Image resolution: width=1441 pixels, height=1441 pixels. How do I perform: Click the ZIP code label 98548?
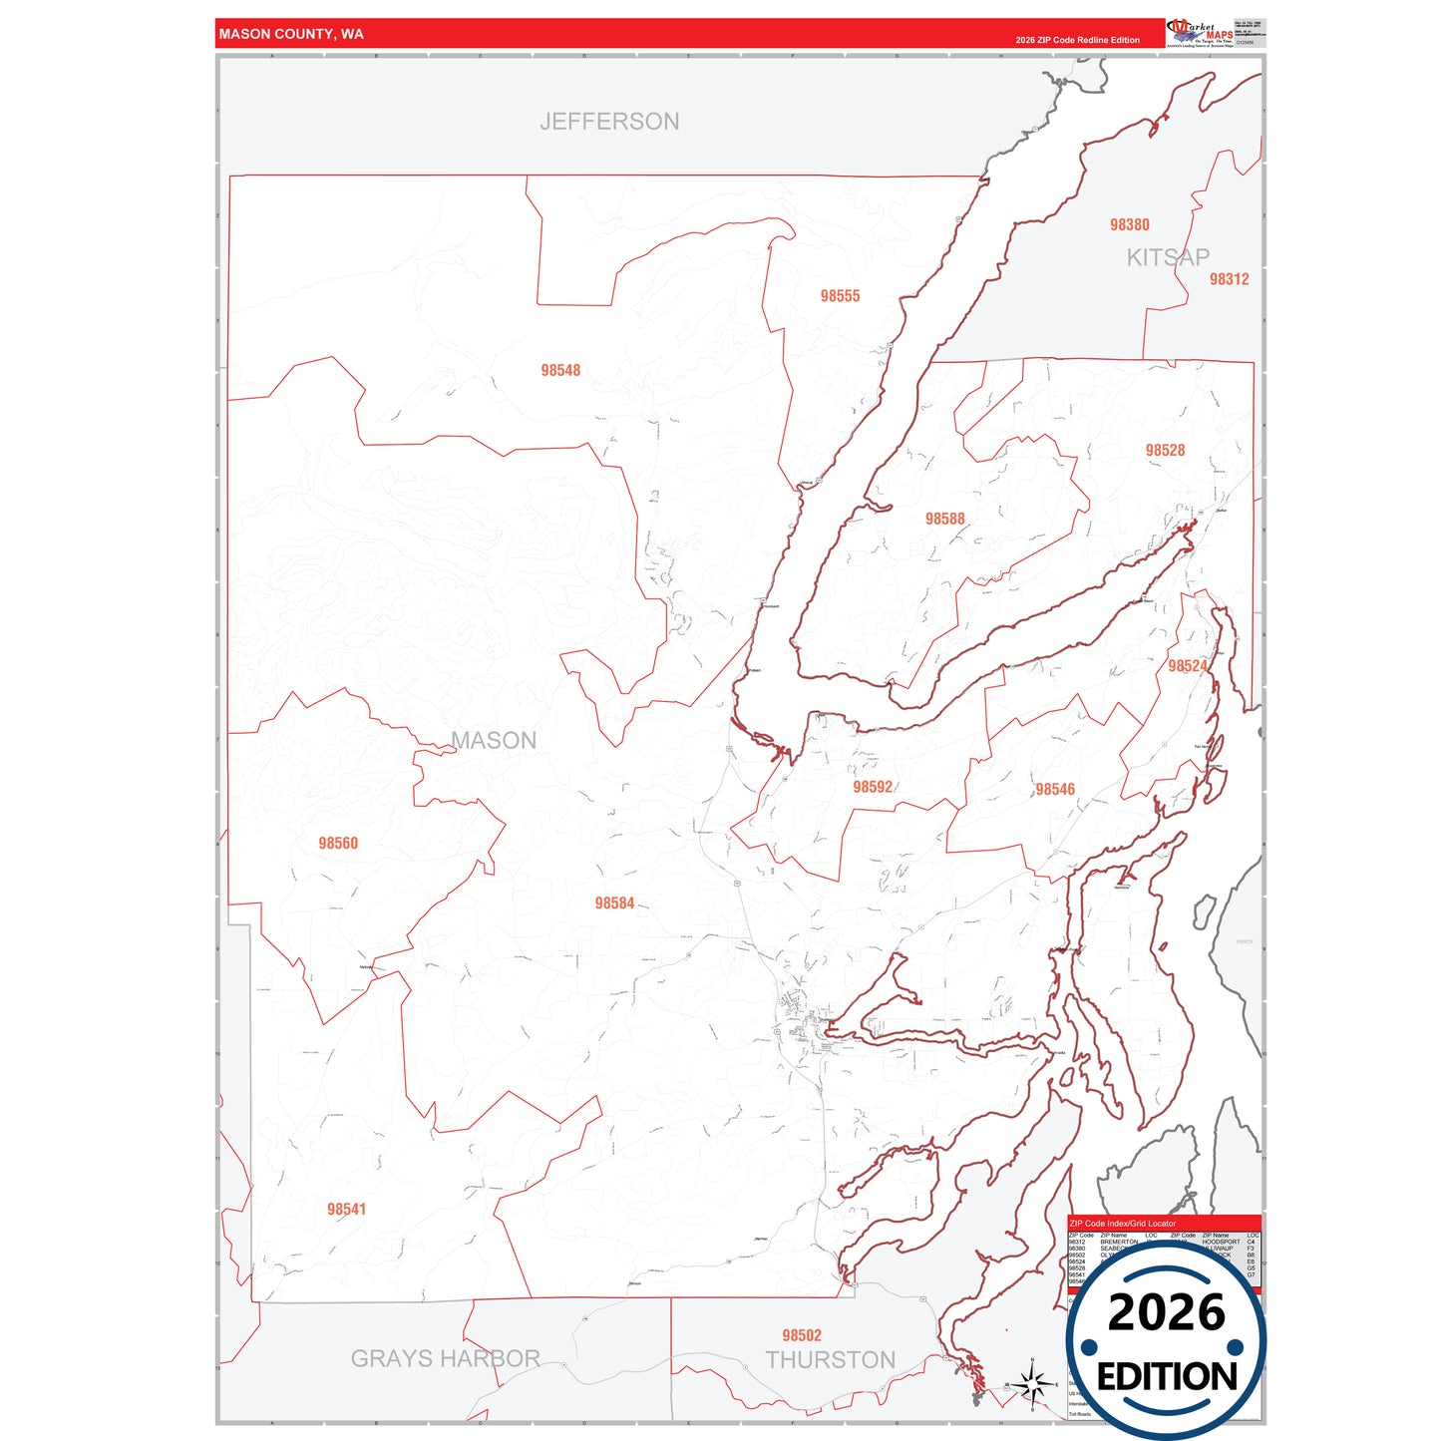(560, 370)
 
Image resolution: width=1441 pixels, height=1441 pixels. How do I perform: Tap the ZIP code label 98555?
(840, 296)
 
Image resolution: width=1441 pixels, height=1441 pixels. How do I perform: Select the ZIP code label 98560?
(338, 843)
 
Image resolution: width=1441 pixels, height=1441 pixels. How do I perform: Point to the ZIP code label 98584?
(614, 903)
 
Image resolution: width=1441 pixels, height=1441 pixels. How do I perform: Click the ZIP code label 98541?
(346, 1209)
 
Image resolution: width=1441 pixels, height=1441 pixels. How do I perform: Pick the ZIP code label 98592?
(873, 787)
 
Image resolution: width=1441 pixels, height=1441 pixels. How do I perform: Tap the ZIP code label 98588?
(944, 519)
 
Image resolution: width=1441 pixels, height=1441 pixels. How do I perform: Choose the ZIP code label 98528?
(1165, 451)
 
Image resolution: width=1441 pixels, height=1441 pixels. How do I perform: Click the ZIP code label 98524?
(1187, 666)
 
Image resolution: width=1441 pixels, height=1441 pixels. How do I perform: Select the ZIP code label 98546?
(1055, 789)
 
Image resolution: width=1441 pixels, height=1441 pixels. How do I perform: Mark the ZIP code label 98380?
(1129, 225)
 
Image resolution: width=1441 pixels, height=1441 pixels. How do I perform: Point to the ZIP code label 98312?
(1229, 279)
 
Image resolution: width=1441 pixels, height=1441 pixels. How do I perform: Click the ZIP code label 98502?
(802, 1335)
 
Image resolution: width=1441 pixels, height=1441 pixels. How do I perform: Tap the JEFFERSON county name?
(609, 122)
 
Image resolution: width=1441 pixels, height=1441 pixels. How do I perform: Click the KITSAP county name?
(1168, 257)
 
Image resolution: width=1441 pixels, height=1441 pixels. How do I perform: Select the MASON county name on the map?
(494, 740)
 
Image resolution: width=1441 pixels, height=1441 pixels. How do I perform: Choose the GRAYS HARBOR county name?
(445, 1358)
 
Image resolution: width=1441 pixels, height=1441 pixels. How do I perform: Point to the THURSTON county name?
(831, 1360)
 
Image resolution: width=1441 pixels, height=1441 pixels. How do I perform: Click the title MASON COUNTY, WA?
(291, 34)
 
